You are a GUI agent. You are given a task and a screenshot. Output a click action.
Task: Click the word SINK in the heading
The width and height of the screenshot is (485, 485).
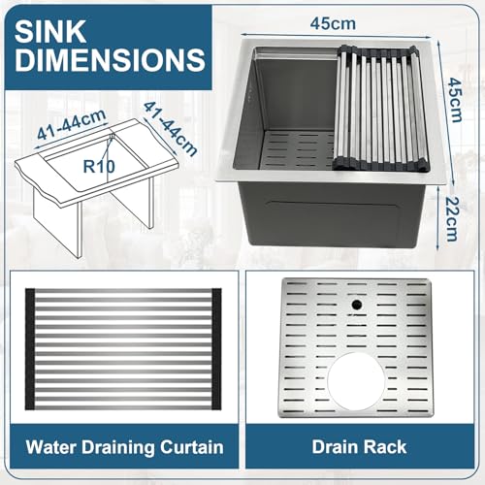point(50,31)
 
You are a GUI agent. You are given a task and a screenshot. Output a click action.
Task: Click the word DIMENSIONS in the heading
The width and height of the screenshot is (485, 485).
point(110,59)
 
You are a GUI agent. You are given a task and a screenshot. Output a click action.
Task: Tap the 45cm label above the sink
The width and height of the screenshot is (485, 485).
point(333,23)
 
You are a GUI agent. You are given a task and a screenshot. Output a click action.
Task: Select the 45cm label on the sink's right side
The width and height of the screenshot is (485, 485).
point(454,100)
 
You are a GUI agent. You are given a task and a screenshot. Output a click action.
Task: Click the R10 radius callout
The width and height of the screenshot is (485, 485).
point(99,166)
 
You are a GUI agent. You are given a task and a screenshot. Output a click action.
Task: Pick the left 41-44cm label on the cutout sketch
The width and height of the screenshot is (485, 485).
point(72,124)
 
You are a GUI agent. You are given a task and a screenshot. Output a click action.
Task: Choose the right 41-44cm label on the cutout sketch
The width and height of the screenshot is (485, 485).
point(170,129)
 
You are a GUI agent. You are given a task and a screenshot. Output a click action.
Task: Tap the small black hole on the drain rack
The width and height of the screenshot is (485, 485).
point(357,305)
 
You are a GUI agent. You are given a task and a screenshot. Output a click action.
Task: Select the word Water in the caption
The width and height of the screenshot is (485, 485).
point(51,447)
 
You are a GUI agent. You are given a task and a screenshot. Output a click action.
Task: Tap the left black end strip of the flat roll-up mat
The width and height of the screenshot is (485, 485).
point(30,349)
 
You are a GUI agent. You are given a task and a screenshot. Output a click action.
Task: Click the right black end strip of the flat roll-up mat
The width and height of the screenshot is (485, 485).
point(216,349)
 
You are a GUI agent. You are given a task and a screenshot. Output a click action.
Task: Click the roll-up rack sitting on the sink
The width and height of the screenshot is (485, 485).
point(380,108)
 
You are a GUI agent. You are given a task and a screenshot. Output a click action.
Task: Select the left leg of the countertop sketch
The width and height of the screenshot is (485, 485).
point(55,223)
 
